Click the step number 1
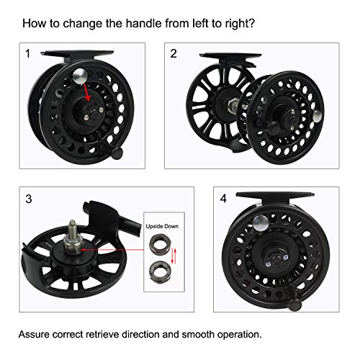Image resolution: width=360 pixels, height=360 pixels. [28, 54]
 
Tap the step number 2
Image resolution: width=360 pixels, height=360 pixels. [174, 54]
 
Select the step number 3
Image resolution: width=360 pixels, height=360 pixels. [28, 198]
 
